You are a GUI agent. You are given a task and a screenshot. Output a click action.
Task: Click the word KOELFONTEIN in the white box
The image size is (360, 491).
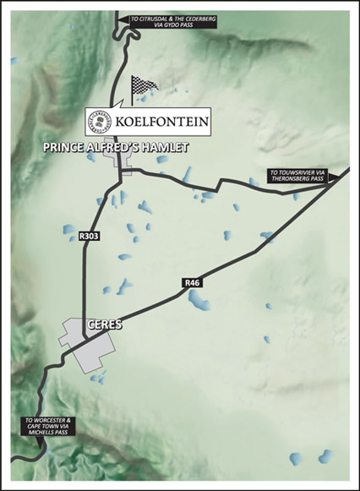click(x=161, y=121)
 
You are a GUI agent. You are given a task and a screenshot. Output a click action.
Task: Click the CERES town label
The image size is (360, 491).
click(x=105, y=324)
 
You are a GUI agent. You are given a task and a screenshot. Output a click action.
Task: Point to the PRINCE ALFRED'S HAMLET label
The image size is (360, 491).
click(x=116, y=149)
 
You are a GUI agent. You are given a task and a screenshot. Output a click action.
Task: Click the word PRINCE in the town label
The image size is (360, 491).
click(x=63, y=149)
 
